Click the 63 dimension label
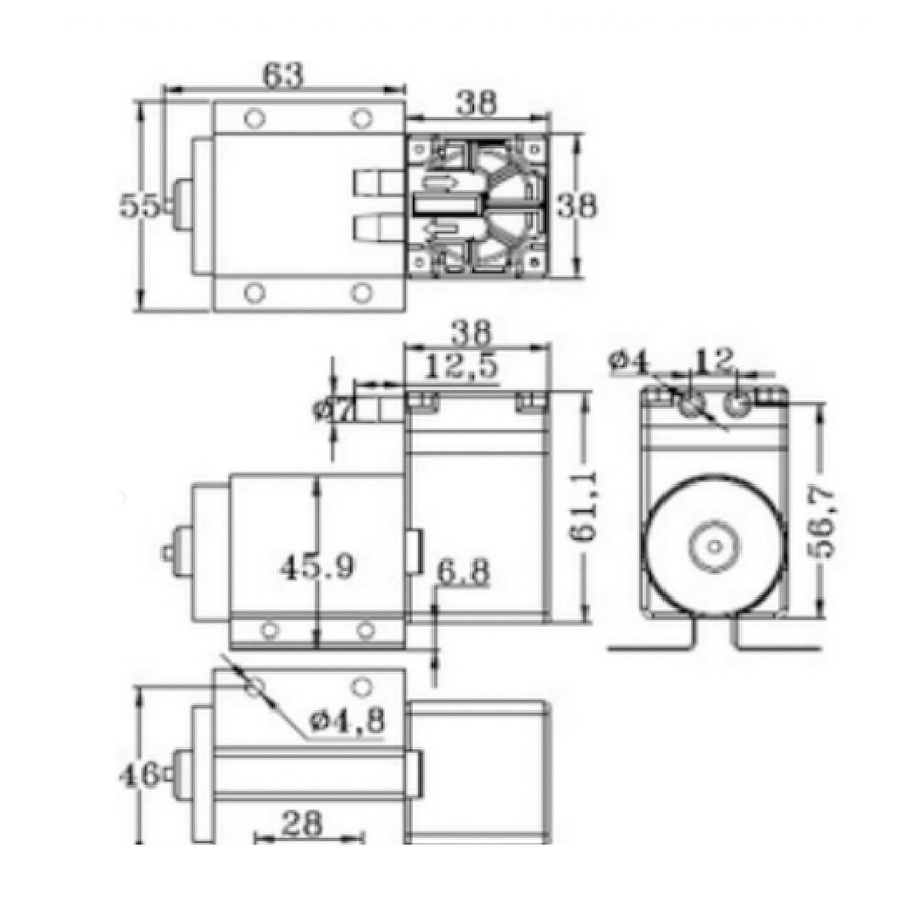(282, 75)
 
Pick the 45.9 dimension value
(316, 567)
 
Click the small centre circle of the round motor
(714, 546)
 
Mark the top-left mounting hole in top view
(255, 119)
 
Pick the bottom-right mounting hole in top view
(361, 293)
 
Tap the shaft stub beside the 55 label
(181, 206)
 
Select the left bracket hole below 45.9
(270, 629)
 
